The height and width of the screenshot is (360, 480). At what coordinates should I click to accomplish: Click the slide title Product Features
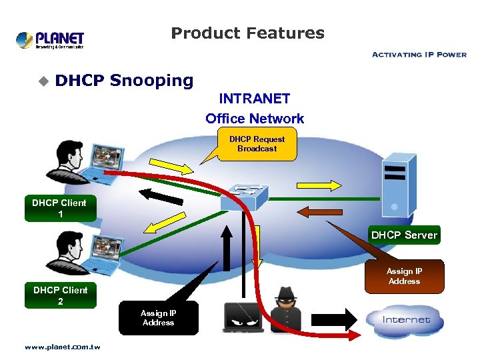[x=247, y=33]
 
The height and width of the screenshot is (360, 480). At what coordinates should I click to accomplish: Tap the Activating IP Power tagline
[x=419, y=55]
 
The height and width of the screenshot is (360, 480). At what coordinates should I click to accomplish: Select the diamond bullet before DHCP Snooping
[x=43, y=81]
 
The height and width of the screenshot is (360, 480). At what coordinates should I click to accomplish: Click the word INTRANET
[x=255, y=99]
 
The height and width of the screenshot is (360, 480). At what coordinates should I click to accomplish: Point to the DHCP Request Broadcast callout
[x=257, y=144]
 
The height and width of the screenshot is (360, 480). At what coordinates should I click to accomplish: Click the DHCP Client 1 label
[x=61, y=209]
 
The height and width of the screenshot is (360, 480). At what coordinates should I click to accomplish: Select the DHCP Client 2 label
[x=61, y=296]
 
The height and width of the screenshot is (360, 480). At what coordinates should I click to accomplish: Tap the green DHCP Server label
[x=404, y=235]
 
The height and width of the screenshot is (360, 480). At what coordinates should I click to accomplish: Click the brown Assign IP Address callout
[x=404, y=276]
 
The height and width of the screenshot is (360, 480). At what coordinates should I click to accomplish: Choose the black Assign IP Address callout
[x=158, y=318]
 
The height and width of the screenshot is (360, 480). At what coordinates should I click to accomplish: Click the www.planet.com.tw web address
[x=62, y=347]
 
